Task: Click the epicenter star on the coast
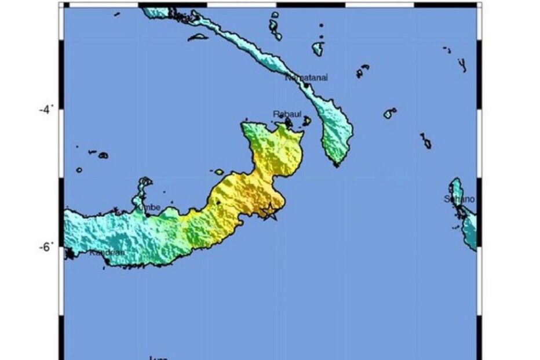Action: point(269,212)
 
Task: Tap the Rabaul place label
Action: point(284,114)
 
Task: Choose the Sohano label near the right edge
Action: point(459,199)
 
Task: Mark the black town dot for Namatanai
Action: point(307,85)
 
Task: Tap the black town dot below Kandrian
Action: point(107,262)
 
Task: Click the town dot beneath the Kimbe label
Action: point(148,214)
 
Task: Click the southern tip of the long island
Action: point(337,165)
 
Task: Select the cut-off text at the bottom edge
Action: point(158,358)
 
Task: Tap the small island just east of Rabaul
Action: point(307,121)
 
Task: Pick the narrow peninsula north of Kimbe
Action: point(143,188)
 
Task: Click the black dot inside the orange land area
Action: point(218,202)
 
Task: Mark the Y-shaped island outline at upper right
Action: point(462,64)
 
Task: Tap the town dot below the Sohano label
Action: point(461,209)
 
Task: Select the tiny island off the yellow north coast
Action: point(218,172)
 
